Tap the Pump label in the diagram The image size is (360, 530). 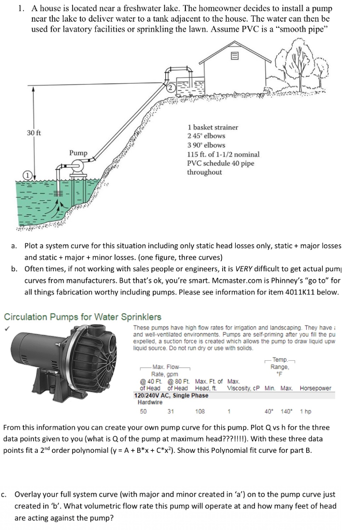79,153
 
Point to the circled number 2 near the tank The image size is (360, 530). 169,88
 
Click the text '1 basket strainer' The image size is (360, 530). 212,127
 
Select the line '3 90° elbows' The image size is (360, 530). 206,145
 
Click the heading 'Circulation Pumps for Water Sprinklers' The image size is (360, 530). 82,317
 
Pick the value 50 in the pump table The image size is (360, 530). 143,411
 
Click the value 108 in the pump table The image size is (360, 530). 200,411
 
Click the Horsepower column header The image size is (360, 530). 315,388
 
